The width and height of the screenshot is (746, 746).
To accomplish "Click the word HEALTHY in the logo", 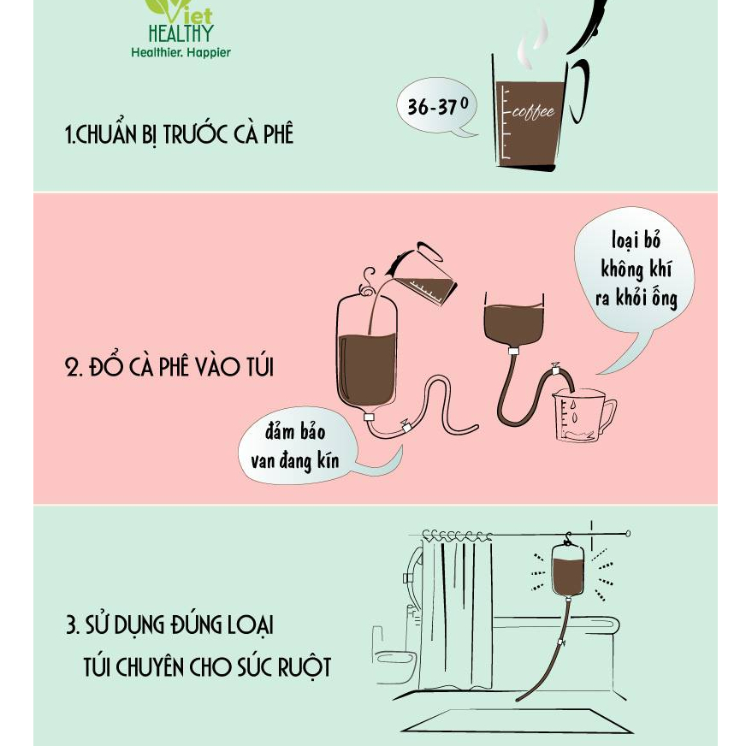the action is click(181, 33).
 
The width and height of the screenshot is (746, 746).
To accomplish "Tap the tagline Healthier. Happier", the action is click(181, 52).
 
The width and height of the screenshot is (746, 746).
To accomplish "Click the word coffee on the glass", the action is click(533, 112).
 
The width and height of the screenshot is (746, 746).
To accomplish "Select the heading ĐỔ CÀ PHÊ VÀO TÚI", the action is click(169, 367).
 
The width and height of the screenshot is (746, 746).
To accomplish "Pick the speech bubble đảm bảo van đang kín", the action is click(299, 446).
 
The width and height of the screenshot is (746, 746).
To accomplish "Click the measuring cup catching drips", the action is click(583, 415).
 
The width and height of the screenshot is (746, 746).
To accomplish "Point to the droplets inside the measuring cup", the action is click(574, 412).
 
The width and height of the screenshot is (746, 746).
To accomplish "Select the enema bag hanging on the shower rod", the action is click(567, 569).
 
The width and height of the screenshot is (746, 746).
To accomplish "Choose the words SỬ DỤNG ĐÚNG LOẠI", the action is click(179, 625).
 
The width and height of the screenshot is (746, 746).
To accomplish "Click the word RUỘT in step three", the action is click(305, 667).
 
